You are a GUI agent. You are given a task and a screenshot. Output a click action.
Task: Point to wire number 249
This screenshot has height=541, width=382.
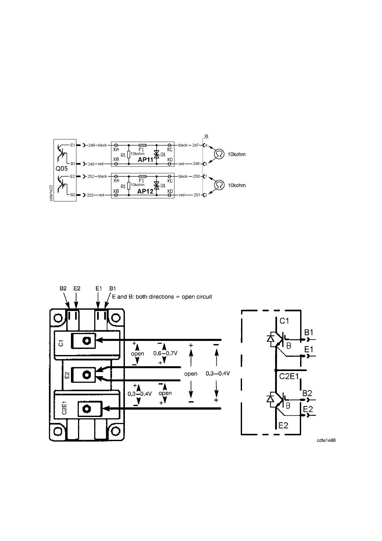click(x=91, y=145)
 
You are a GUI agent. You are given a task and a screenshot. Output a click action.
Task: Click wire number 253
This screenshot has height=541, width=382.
click(x=91, y=195)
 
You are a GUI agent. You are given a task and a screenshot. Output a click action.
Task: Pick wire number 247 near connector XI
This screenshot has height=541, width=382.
click(x=196, y=145)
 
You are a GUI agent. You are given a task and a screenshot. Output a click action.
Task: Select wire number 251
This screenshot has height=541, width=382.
click(x=197, y=195)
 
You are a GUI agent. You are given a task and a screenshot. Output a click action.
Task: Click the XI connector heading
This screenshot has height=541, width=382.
click(x=206, y=137)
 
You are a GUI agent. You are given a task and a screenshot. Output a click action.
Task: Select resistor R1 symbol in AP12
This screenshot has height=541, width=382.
click(x=129, y=186)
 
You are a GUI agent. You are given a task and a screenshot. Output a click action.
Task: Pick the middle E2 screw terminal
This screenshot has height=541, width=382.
click(x=86, y=374)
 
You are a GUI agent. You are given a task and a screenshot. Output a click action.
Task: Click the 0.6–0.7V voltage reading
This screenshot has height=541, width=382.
click(x=165, y=353)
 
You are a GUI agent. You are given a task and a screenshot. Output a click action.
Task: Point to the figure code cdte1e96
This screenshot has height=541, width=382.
click(x=326, y=440)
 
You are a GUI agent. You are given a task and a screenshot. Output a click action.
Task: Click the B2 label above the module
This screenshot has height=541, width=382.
click(x=63, y=288)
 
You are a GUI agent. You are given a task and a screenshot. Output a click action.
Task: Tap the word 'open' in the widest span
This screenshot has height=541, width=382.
click(x=191, y=374)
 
